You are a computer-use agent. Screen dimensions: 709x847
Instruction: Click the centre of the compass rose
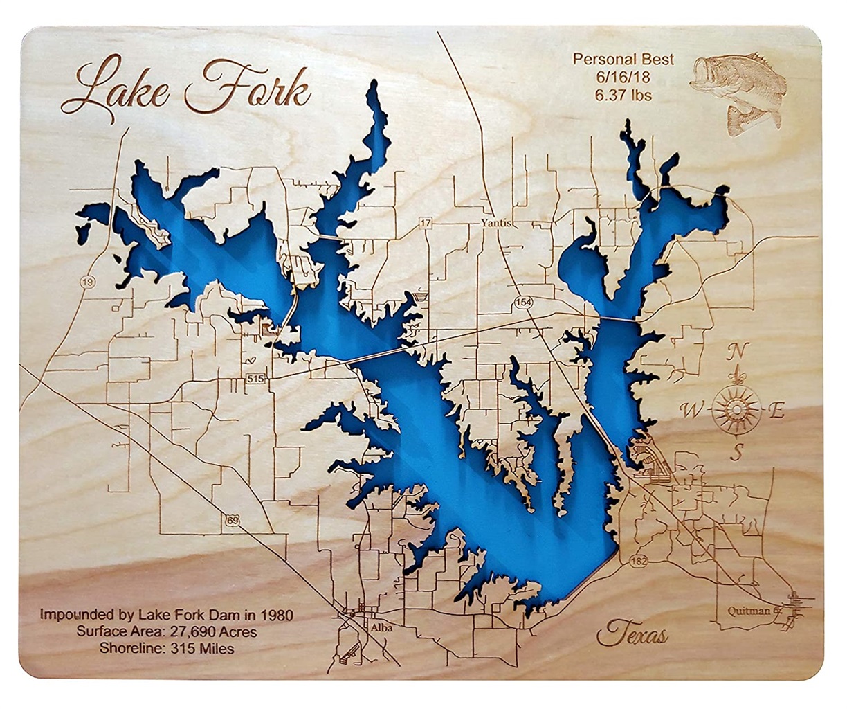coord(736,409)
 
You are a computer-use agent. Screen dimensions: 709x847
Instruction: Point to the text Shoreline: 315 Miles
coord(166,649)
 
